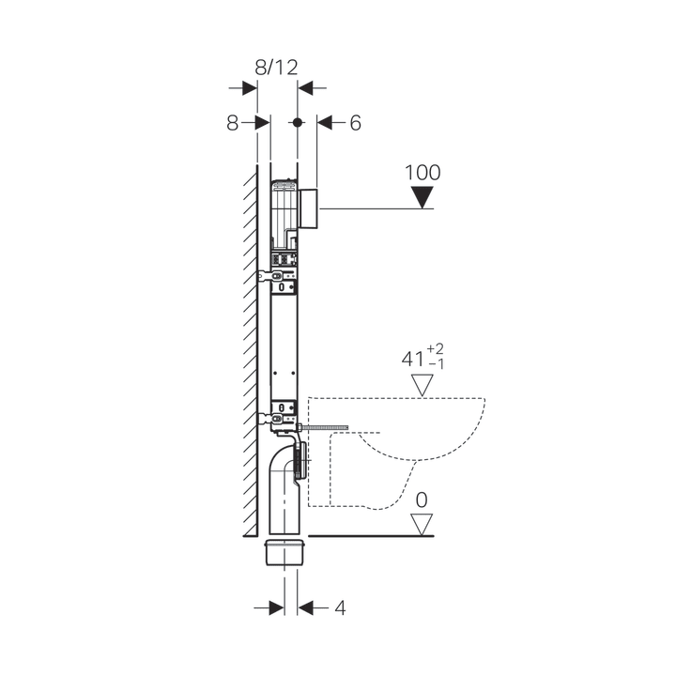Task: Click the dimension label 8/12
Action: point(276,68)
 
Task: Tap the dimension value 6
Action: point(355,123)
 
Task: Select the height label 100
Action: point(422,173)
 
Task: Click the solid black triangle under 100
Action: point(422,197)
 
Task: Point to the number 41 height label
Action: point(413,359)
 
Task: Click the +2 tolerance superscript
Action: point(435,348)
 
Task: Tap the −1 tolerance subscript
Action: point(436,364)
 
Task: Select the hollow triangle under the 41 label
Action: point(422,385)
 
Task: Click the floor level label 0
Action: point(422,500)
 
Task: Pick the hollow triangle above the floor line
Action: point(422,524)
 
